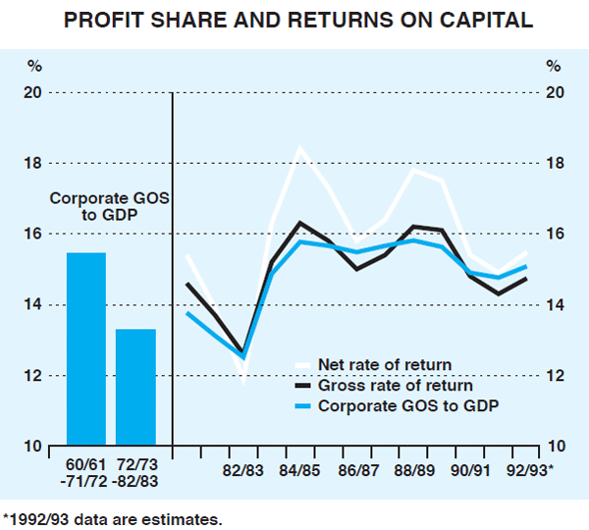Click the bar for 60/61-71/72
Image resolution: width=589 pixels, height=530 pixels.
click(85, 349)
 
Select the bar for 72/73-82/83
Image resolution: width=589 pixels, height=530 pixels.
click(135, 388)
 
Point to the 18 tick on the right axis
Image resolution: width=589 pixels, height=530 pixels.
click(555, 163)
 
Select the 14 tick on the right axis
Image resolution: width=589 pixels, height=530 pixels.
click(555, 305)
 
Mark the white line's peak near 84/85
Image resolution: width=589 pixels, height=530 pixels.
click(299, 148)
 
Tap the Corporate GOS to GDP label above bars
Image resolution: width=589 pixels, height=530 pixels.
click(110, 207)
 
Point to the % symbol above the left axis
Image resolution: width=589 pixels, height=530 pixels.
click(34, 67)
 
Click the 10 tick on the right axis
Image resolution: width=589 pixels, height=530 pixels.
click(555, 447)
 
